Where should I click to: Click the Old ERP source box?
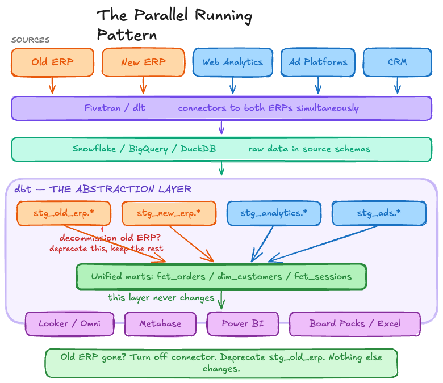[52, 62]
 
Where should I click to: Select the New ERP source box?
[143, 62]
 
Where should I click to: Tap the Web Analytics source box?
[232, 62]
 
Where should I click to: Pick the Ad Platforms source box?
[317, 62]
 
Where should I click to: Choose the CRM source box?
[397, 62]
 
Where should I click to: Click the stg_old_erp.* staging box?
[64, 213]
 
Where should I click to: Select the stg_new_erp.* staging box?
[169, 213]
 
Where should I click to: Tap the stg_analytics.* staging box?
[274, 213]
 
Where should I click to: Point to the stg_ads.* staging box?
[379, 213]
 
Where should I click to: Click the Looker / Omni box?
[69, 324]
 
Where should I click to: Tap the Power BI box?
[243, 324]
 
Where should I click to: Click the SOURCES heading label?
[31, 40]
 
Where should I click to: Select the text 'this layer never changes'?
[161, 298]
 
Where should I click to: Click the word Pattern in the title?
[126, 35]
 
